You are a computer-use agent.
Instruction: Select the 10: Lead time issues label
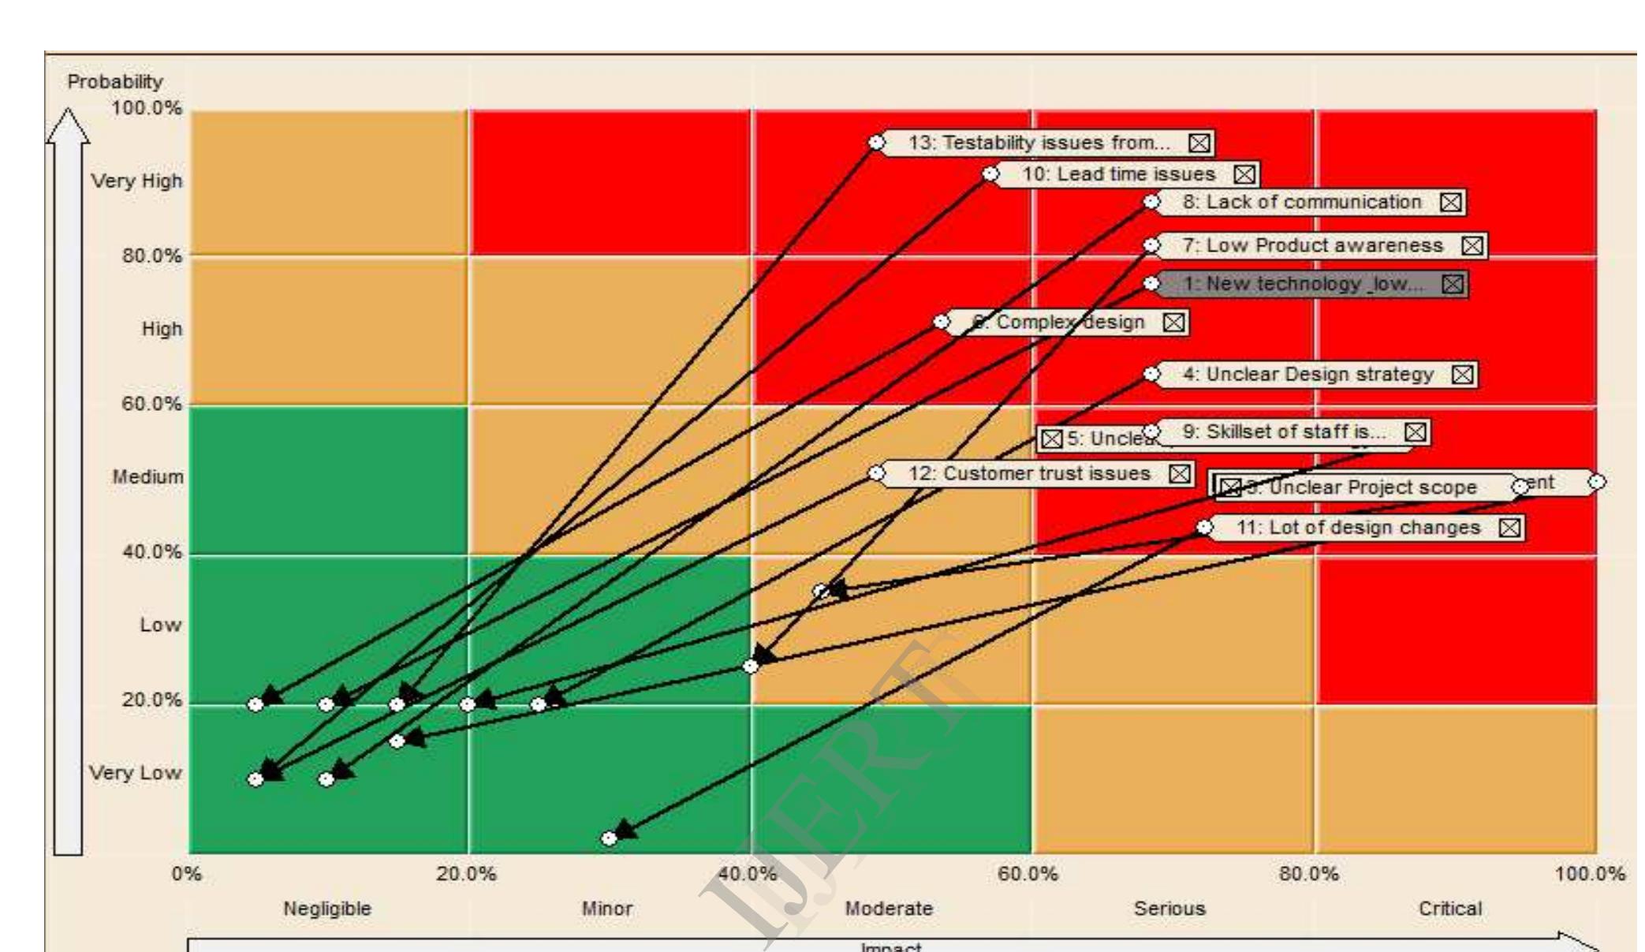[x=1118, y=174]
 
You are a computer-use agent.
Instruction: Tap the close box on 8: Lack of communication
[x=1450, y=203]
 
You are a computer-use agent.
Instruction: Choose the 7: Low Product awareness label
[x=1312, y=245]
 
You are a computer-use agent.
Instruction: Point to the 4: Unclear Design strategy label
[x=1307, y=375]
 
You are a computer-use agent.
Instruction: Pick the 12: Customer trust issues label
[x=1029, y=473]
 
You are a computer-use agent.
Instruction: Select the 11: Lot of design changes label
[x=1358, y=528]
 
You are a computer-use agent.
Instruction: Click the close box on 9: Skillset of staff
[x=1416, y=432]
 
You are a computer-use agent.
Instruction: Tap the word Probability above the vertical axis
[x=115, y=82]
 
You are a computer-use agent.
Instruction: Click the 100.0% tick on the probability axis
[x=147, y=108]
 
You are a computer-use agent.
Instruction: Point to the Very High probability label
[x=136, y=181]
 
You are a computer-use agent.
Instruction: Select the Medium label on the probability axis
[x=147, y=477]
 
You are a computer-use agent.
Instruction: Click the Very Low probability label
[x=135, y=773]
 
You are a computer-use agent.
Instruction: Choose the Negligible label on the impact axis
[x=327, y=909]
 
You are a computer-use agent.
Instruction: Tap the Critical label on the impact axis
[x=1450, y=909]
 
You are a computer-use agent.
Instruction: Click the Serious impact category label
[x=1169, y=909]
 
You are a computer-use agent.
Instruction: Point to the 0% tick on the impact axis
[x=187, y=874]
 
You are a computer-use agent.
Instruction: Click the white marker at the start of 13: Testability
[x=876, y=143]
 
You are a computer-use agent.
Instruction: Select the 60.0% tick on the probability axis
[x=151, y=404]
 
